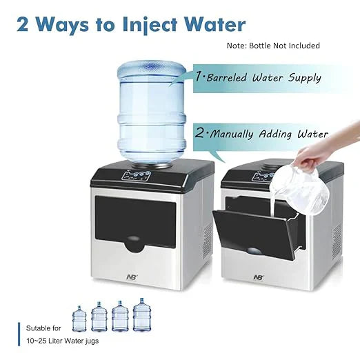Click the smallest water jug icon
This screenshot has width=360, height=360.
click(x=79, y=319)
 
